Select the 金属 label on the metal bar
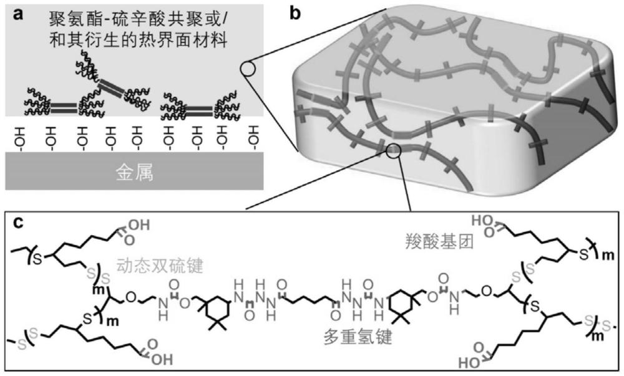(x=135, y=174)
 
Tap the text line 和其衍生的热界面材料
(x=128, y=42)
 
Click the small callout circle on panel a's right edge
(x=248, y=69)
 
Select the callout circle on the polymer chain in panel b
(x=393, y=151)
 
